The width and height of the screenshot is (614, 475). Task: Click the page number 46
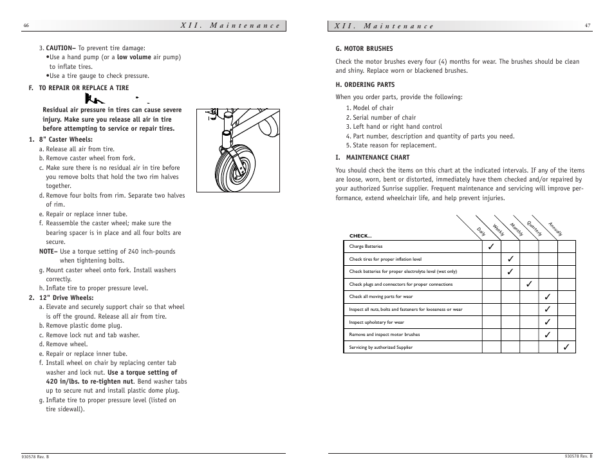tap(26, 26)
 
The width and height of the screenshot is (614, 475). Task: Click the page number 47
tap(588, 26)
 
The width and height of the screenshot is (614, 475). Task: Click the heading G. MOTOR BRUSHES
tap(364, 49)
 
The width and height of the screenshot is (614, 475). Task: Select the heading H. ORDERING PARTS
tap(365, 85)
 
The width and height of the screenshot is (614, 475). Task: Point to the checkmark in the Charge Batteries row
tap(491, 247)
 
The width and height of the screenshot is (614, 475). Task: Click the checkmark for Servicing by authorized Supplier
tap(566, 348)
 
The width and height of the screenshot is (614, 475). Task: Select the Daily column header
tap(481, 230)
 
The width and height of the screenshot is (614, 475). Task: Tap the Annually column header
tap(555, 228)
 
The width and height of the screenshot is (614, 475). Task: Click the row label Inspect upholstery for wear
tap(377, 322)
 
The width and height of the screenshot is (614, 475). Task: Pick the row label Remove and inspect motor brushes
tap(384, 335)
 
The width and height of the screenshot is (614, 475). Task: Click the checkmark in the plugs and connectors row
tap(529, 284)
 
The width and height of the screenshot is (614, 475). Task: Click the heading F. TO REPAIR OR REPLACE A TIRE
tap(79, 88)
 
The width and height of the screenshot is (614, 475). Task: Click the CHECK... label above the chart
tap(360, 236)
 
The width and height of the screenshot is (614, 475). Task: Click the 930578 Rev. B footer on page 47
tap(577, 456)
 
